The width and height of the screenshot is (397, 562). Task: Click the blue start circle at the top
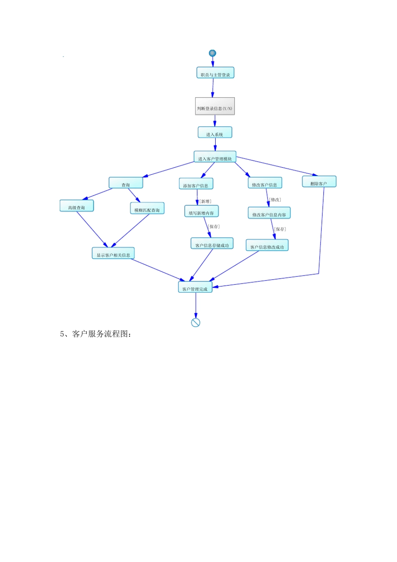[x=212, y=53]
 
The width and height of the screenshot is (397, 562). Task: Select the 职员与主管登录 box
[x=215, y=73]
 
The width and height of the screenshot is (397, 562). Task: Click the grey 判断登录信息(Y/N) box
[x=215, y=106]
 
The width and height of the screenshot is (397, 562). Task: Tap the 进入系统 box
[x=215, y=133]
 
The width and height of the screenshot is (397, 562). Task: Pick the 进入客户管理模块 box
[x=215, y=157]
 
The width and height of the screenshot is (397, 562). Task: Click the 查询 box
[x=126, y=183]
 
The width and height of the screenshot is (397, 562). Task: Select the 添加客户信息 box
[x=196, y=184]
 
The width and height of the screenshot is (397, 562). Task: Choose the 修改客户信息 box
[x=265, y=183]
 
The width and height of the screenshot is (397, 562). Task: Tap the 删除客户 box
[x=319, y=182]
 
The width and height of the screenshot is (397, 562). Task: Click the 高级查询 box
[x=77, y=206]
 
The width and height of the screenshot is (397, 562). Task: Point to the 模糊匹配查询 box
[x=147, y=209]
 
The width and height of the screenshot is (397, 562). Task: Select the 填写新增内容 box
[x=201, y=212]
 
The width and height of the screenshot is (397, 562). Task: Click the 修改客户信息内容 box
[x=269, y=213]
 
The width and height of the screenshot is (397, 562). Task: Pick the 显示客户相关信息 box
[x=113, y=253]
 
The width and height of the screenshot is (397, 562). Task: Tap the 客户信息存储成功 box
[x=212, y=244]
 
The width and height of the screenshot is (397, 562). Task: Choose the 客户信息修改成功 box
[x=267, y=245]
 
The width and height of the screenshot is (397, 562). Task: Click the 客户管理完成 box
[x=195, y=287]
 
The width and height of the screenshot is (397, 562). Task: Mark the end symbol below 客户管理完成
[x=196, y=322]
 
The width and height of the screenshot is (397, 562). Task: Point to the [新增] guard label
[x=205, y=202]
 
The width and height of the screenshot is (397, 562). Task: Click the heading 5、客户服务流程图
[x=96, y=334]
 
